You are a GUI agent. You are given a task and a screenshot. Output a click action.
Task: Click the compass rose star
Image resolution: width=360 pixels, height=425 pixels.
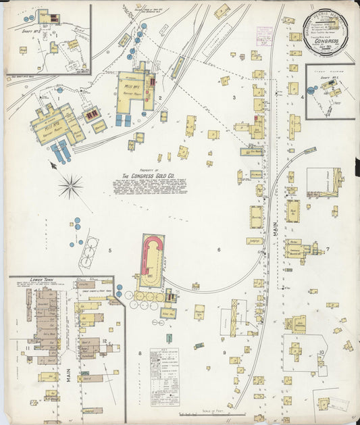[x=70, y=184]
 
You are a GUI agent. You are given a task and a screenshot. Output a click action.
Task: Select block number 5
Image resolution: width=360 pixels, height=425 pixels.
[x=109, y=251]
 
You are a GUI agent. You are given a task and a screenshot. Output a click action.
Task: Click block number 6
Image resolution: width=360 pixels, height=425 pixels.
[x=218, y=250]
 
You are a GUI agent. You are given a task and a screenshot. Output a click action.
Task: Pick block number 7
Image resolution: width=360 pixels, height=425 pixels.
[x=328, y=249]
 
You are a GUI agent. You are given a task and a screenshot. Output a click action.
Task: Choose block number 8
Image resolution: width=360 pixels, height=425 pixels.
[x=140, y=353]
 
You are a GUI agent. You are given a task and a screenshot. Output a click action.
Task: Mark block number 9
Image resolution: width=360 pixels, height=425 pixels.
[x=224, y=352]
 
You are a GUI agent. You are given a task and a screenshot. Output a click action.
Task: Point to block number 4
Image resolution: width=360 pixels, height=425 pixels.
[x=302, y=97]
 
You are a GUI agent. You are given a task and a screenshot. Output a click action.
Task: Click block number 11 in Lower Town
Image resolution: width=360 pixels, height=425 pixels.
[x=27, y=349]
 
